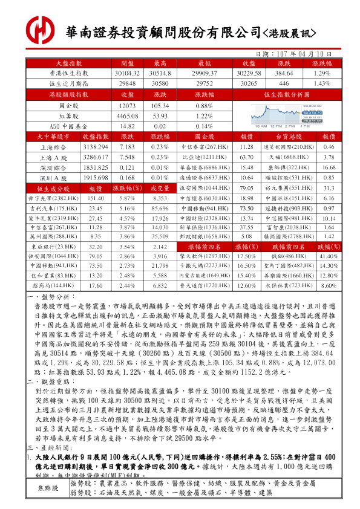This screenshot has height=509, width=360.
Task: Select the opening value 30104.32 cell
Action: pos(127,73)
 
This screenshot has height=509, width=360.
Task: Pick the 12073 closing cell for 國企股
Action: pos(127,105)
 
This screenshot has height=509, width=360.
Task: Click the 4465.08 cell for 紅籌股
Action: pos(127,115)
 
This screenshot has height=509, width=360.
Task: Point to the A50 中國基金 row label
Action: pos(68,126)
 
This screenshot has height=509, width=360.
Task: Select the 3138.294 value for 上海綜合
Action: pos(95,147)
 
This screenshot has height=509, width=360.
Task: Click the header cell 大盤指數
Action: pos(68,62)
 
